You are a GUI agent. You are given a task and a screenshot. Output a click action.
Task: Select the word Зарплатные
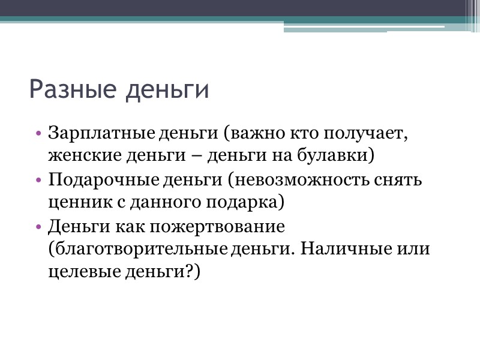coord(102,133)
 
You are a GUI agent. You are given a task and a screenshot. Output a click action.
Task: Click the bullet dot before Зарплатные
coord(38,133)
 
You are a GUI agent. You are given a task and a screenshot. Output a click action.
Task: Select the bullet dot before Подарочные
coord(38,181)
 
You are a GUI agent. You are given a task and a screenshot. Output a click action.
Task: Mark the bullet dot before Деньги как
coord(38,227)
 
